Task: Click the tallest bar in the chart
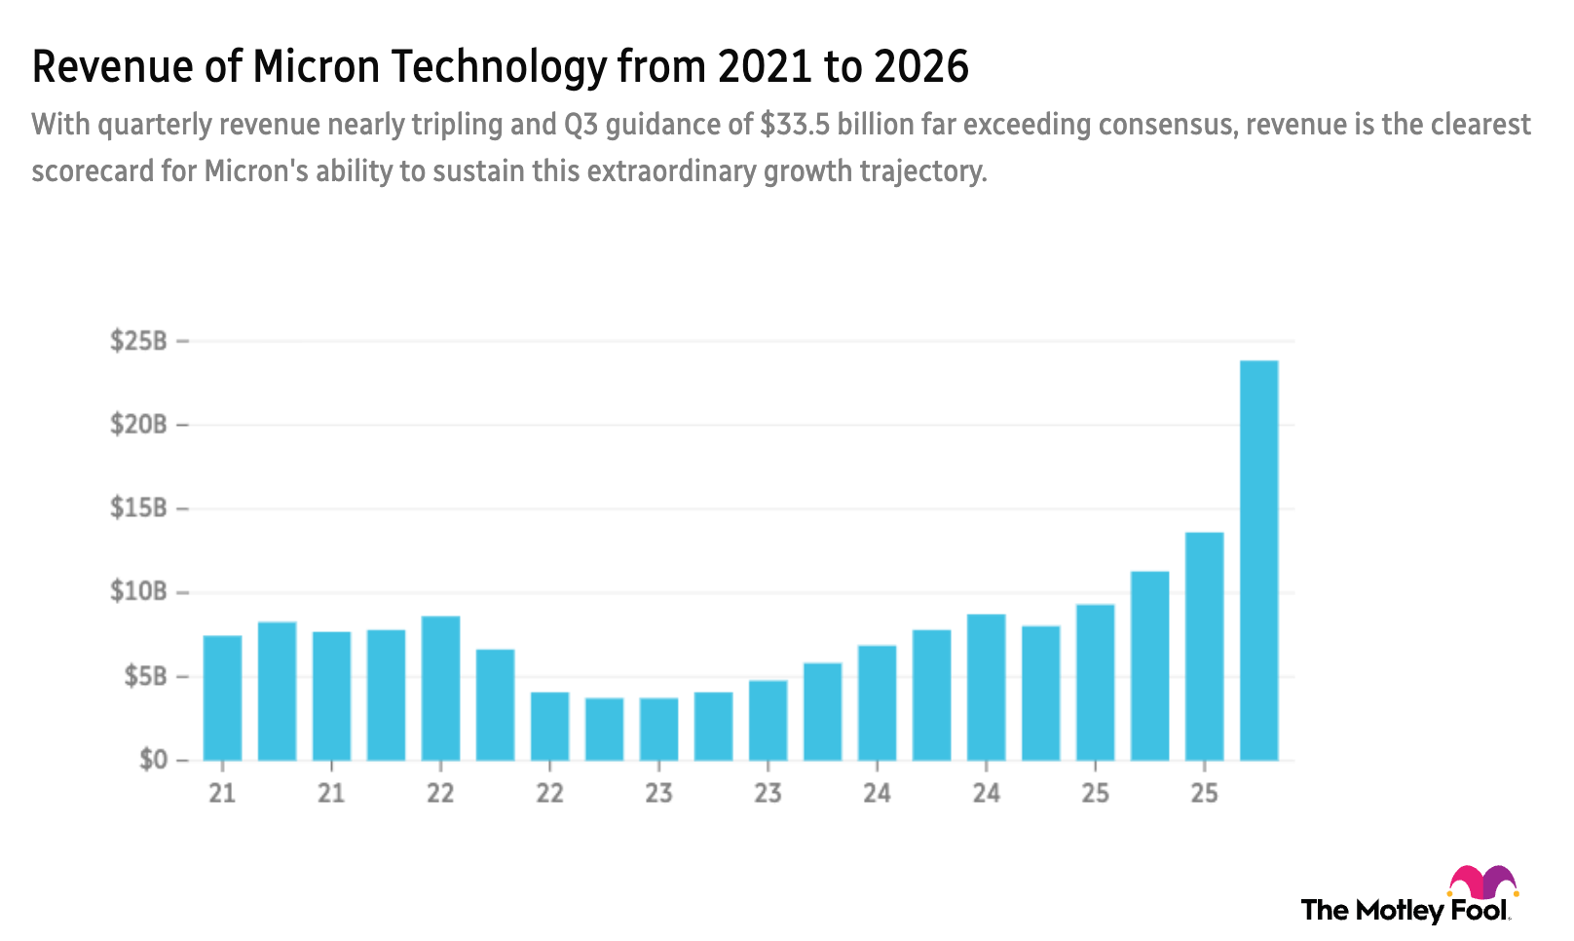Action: point(1258,560)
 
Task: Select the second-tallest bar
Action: point(1204,645)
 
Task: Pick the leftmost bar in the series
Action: point(222,696)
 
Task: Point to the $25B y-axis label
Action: point(137,341)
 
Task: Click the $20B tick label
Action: point(137,425)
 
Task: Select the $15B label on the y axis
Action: point(137,508)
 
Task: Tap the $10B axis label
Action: point(137,591)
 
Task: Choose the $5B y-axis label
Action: point(144,676)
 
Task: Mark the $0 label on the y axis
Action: point(152,759)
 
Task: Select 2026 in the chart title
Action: point(920,67)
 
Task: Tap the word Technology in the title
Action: point(498,67)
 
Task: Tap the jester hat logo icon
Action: point(1482,883)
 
